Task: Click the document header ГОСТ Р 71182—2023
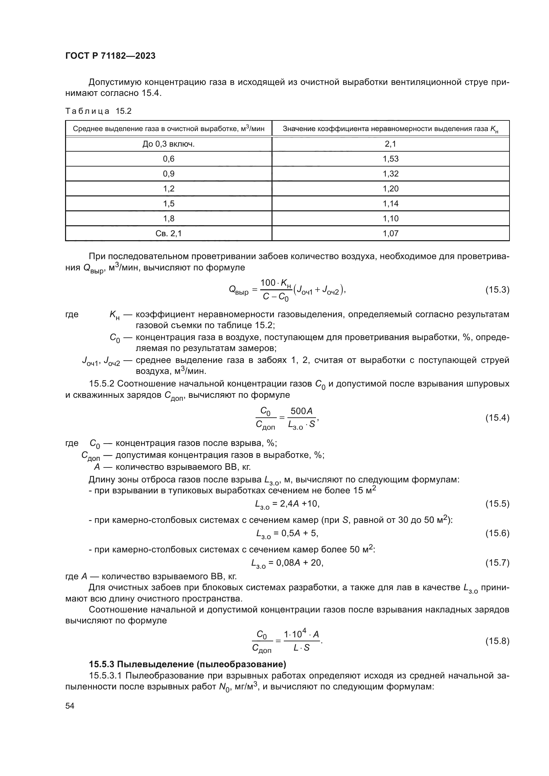pos(110,56)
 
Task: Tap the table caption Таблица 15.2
pos(98,111)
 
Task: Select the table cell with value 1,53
pos(390,159)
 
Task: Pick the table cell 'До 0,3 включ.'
pos(168,144)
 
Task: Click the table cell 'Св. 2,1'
pos(168,233)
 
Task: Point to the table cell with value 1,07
pos(390,233)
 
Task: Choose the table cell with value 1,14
pos(390,203)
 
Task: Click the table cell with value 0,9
pos(168,174)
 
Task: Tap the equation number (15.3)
pos(497,290)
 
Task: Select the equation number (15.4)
pos(497,418)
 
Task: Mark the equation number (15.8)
pos(497,641)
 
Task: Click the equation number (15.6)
pos(497,533)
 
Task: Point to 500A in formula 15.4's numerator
pos(301,411)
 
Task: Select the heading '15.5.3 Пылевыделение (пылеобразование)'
pos(187,664)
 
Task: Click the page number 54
pos(70,706)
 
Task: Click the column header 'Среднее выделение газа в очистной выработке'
pos(168,129)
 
